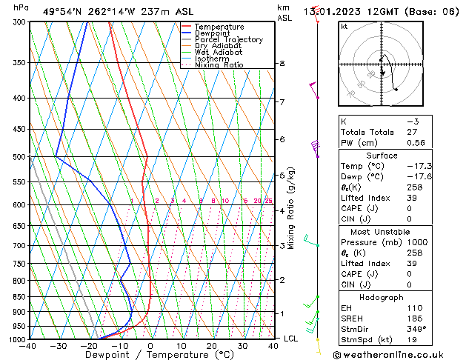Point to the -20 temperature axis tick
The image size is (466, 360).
pos(88,345)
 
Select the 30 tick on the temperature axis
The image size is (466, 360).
pos(242,345)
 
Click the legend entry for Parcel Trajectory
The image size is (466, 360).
pos(228,39)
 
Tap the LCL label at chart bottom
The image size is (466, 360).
pos(292,339)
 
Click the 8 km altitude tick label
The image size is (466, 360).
pos(282,64)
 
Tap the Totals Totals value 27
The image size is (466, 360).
pos(412,132)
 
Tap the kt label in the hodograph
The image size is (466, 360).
pos(344,26)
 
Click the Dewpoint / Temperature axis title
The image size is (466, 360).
pos(150,355)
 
